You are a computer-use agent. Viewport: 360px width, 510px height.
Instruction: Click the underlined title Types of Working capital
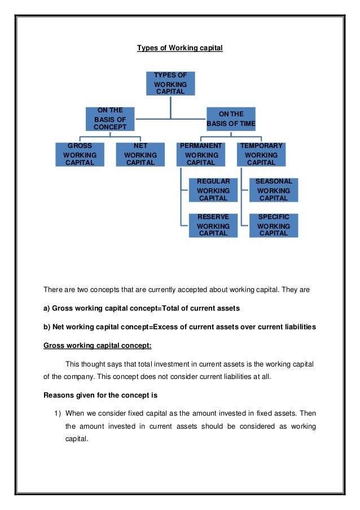[180, 48]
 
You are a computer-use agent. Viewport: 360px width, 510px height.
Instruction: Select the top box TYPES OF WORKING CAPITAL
[170, 84]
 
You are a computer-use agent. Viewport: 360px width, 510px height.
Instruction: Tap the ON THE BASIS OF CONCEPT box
[110, 119]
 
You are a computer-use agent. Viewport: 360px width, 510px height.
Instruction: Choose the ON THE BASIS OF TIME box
[231, 119]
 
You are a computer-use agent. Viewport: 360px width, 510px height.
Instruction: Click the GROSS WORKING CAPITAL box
[80, 154]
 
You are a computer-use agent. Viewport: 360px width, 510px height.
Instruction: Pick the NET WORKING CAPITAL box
[141, 154]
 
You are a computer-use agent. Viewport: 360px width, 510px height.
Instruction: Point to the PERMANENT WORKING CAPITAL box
[201, 154]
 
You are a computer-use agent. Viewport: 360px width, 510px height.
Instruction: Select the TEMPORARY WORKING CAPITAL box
[261, 154]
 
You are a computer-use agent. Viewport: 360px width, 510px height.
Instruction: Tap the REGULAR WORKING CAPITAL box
[213, 190]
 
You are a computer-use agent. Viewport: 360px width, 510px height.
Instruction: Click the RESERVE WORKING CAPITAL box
[213, 225]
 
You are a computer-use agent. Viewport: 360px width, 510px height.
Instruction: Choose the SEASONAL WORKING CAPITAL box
[274, 190]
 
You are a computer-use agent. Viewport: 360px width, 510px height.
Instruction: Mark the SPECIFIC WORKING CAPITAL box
[274, 225]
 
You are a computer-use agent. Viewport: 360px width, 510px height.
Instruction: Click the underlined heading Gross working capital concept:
[97, 346]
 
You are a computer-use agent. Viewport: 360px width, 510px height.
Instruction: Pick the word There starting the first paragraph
[52, 290]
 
